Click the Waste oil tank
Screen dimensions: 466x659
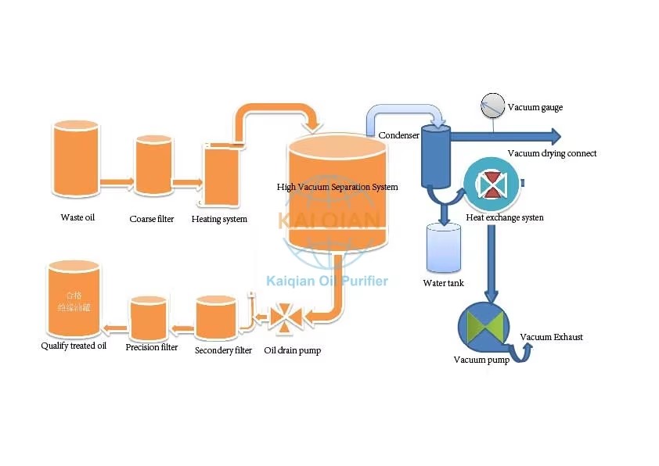[x=75, y=158]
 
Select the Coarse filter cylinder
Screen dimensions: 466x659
[x=153, y=165]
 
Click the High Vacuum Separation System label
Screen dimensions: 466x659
[x=337, y=188]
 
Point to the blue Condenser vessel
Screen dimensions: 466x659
[x=433, y=156]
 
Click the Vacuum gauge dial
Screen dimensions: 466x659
[x=493, y=105]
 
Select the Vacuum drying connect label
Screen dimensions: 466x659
[x=552, y=153]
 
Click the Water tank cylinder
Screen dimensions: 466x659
[x=444, y=249]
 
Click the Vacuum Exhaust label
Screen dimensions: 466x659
[x=552, y=338]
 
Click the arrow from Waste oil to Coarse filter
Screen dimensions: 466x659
[x=117, y=183]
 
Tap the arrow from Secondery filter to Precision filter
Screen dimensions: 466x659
[x=182, y=328]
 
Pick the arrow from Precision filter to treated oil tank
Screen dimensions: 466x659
[x=116, y=328]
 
